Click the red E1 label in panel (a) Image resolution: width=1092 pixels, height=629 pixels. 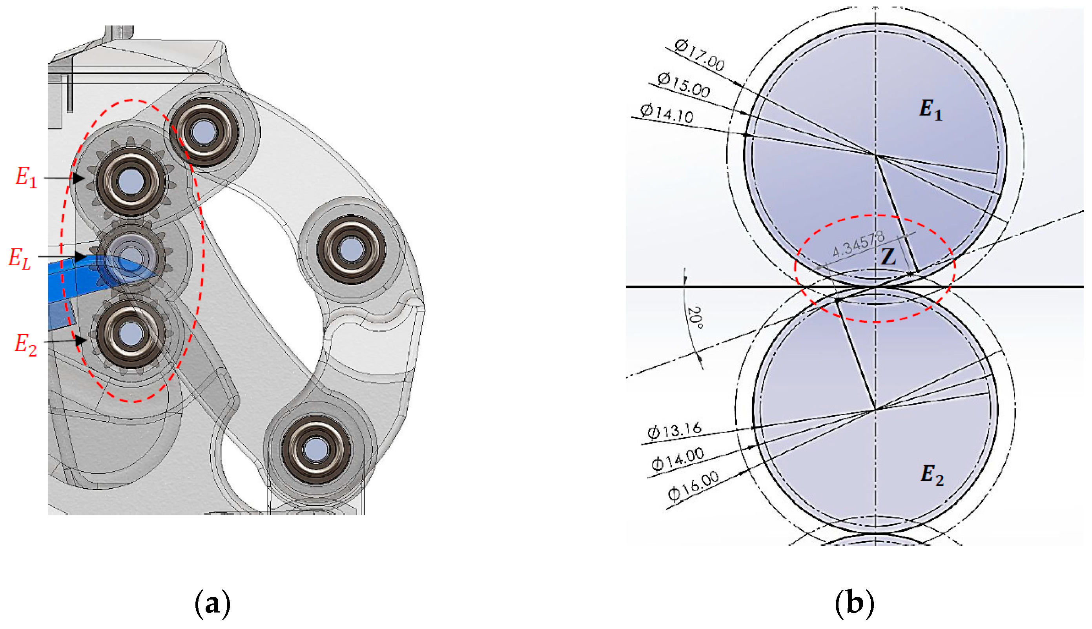26,177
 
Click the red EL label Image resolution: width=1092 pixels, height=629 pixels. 20,258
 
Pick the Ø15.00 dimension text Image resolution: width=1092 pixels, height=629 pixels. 684,85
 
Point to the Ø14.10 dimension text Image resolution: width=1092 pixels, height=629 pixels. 666,113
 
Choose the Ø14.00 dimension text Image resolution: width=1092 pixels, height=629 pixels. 677,459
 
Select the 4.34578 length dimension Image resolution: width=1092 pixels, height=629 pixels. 857,244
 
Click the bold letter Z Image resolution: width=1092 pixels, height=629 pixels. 888,257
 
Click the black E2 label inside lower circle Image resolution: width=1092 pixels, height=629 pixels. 932,475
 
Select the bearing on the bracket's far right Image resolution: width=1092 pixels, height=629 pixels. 351,249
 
